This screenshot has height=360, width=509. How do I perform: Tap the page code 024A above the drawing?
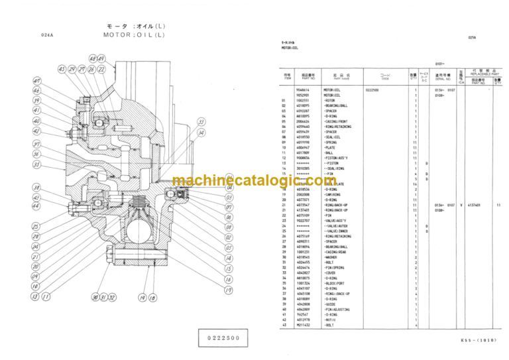tap(46, 34)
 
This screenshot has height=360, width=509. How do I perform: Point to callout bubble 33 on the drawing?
tap(201, 122)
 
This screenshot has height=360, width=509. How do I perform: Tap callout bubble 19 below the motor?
tap(227, 290)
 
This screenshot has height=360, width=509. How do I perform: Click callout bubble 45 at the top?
tap(62, 68)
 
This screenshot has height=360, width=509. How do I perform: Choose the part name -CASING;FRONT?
tap(337, 122)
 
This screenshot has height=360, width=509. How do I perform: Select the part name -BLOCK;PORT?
tap(335, 284)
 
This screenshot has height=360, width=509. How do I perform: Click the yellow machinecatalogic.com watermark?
tap(254, 180)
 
